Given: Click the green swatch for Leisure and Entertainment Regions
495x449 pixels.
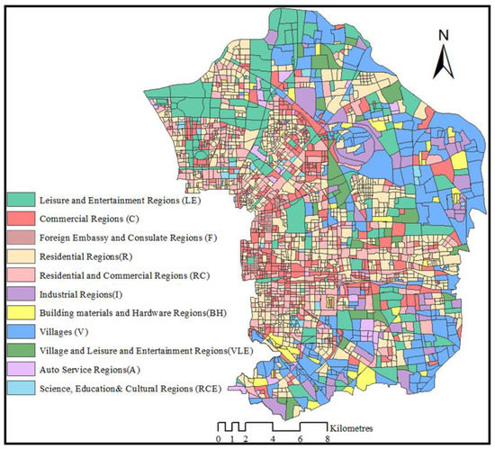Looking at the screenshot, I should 21,199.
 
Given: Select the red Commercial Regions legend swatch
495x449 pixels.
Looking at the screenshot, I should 21,219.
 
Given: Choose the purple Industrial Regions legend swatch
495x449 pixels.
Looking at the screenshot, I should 21,294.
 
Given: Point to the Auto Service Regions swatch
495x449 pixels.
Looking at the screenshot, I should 21,370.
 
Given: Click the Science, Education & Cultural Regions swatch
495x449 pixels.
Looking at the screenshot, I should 21,388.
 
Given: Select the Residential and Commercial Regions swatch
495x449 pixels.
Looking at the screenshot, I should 21,275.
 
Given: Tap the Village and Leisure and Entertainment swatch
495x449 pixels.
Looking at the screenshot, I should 21,351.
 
